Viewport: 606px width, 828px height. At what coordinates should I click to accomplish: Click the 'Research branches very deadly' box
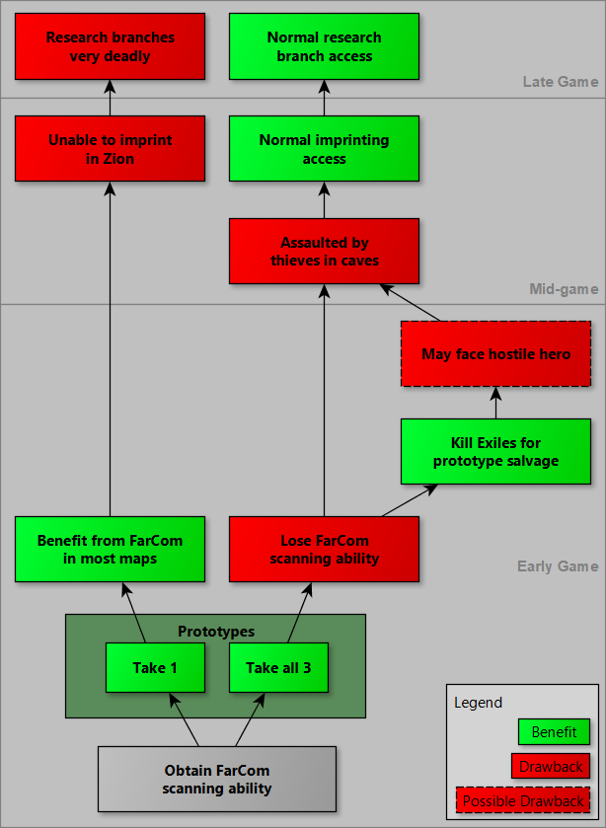click(x=110, y=46)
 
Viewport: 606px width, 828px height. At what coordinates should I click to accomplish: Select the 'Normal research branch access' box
click(x=324, y=46)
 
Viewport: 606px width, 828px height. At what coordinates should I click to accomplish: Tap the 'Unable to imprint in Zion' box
click(x=110, y=149)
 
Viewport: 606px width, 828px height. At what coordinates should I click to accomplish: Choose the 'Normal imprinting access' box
click(x=324, y=149)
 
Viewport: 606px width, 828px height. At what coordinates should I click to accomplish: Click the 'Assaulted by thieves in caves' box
click(x=324, y=252)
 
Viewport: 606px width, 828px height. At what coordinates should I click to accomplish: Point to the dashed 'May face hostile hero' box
click(x=495, y=354)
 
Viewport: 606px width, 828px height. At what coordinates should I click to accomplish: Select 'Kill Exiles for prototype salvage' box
click(x=495, y=452)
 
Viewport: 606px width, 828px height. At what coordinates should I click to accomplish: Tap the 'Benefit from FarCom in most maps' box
click(x=110, y=550)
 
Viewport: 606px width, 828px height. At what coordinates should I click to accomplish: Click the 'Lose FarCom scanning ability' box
click(x=324, y=550)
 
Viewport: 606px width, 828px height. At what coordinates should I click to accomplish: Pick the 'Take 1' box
click(x=155, y=668)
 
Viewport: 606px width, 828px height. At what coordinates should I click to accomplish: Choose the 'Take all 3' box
click(x=278, y=668)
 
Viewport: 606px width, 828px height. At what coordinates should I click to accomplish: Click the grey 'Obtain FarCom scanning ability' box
click(x=216, y=779)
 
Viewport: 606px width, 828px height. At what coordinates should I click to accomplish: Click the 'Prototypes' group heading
click(x=216, y=632)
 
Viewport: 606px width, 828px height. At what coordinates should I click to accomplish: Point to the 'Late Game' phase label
click(x=560, y=82)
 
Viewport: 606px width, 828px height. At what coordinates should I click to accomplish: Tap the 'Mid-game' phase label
click(x=564, y=289)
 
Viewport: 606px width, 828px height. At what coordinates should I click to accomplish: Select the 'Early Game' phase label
click(x=558, y=566)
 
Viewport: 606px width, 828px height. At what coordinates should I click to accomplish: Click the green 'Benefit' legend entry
click(x=554, y=732)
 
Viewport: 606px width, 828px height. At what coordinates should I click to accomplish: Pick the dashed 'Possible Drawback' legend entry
click(x=523, y=800)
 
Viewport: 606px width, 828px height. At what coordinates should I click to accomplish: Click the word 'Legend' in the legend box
click(x=478, y=703)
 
